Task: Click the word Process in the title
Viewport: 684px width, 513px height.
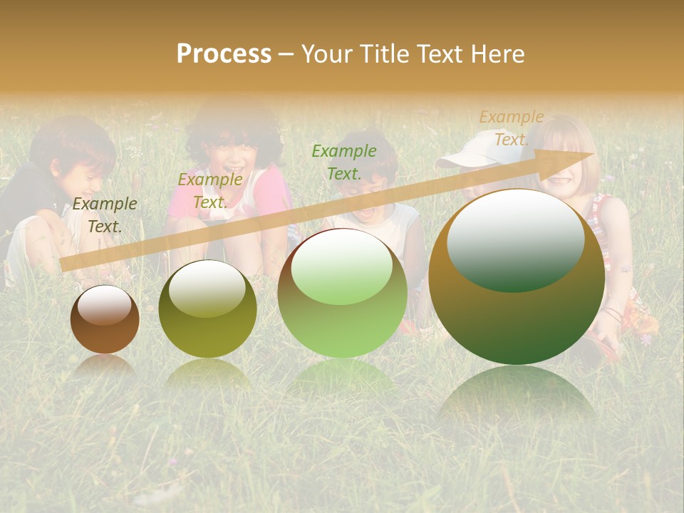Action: pyautogui.click(x=224, y=54)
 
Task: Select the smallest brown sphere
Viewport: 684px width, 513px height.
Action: pyautogui.click(x=105, y=319)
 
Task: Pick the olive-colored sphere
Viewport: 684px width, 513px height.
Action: pyautogui.click(x=207, y=309)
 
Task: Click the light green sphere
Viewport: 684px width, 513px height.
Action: pyautogui.click(x=342, y=293)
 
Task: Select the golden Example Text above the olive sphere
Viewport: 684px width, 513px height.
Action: pyautogui.click(x=210, y=191)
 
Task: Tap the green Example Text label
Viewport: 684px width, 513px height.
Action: pyautogui.click(x=344, y=162)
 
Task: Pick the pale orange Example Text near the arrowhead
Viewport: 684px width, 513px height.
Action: pyautogui.click(x=511, y=128)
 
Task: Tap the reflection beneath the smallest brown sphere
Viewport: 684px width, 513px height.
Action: pyautogui.click(x=105, y=366)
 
